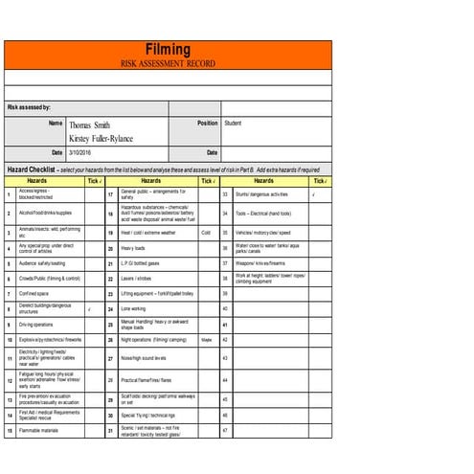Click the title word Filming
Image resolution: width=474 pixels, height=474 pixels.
pos(169,49)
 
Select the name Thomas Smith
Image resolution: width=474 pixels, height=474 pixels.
pos(89,124)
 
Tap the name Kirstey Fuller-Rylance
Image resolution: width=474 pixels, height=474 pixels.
pos(108,139)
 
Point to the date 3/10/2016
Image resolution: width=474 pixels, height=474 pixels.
pos(80,153)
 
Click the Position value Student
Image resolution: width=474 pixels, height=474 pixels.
pos(233,124)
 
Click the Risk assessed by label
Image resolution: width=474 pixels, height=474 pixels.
pos(30,108)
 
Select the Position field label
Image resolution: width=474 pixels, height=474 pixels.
pos(208,124)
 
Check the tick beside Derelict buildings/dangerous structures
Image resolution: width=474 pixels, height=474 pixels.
pos(89,309)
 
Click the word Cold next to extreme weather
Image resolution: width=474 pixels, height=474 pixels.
pos(205,233)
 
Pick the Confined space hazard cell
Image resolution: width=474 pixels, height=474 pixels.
pos(36,294)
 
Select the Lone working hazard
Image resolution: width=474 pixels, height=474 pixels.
pos(133,309)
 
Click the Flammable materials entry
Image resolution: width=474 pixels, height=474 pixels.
pos(39,431)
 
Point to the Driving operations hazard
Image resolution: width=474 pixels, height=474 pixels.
pos(37,325)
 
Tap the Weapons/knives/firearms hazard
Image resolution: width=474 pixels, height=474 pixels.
pos(261,262)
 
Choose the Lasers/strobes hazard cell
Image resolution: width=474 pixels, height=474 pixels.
pos(135,278)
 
